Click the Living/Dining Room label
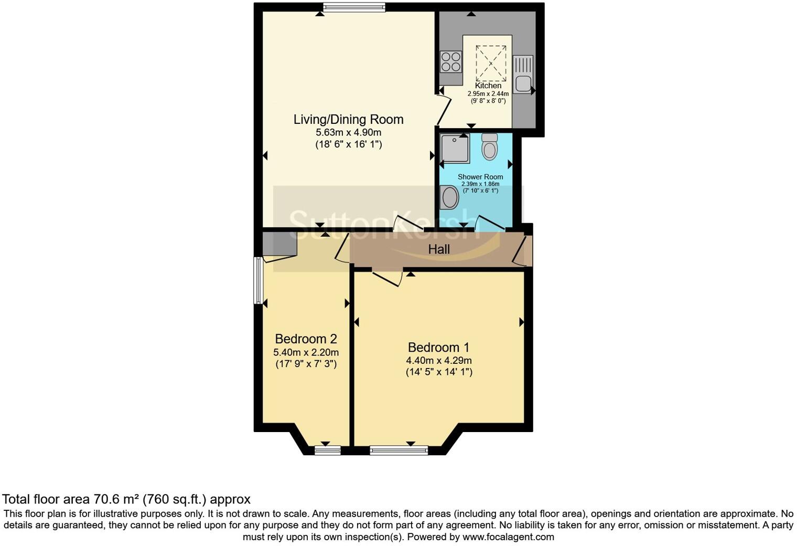click(348, 119)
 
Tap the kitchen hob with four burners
click(450, 61)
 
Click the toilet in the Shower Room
click(489, 146)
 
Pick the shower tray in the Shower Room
click(455, 148)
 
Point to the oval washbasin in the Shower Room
click(450, 198)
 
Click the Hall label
click(439, 249)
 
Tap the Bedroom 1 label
click(438, 347)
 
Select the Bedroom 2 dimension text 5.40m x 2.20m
click(306, 352)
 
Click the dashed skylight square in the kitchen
click(491, 63)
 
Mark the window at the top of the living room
click(354, 7)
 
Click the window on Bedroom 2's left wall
click(257, 280)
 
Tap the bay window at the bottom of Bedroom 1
click(399, 450)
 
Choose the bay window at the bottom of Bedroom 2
click(328, 450)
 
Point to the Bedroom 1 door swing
click(387, 277)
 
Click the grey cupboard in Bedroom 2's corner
click(279, 244)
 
